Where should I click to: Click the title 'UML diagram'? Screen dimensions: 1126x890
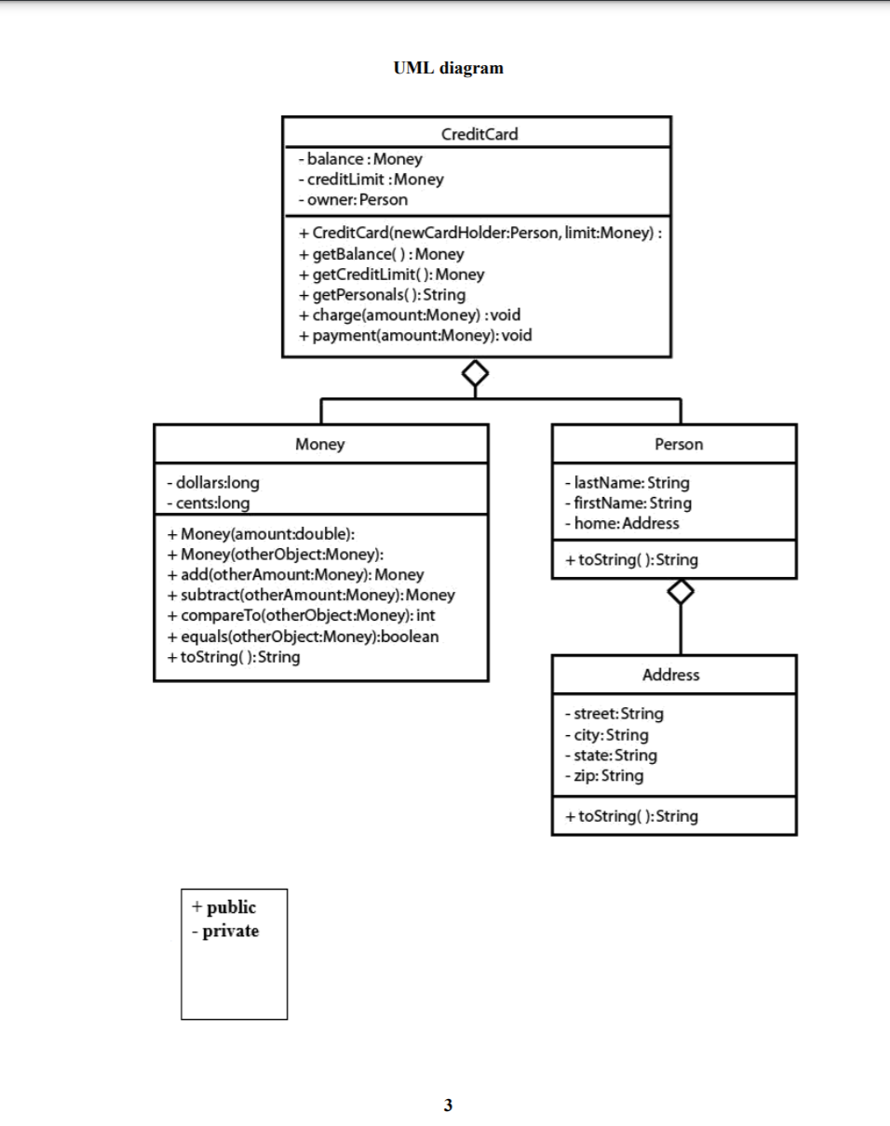448,68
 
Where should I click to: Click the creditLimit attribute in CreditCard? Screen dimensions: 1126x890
371,180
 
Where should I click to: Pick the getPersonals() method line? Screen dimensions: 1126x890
382,294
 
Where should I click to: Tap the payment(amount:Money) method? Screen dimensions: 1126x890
415,335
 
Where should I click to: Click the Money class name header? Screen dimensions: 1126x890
319,444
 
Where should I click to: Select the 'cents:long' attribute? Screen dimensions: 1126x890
208,503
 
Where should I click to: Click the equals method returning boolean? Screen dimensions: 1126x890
303,637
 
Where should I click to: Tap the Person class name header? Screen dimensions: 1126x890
679,444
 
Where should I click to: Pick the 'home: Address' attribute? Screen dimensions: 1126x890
622,523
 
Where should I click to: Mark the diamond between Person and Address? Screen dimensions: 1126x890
681,592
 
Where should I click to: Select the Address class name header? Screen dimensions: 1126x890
670,675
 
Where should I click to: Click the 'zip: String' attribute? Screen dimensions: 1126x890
603,775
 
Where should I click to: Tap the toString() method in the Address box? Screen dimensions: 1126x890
631,816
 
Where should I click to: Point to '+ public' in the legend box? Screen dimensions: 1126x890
223,907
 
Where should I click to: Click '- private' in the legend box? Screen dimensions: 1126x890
225,931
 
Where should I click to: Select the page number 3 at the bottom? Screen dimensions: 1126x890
448,1106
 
